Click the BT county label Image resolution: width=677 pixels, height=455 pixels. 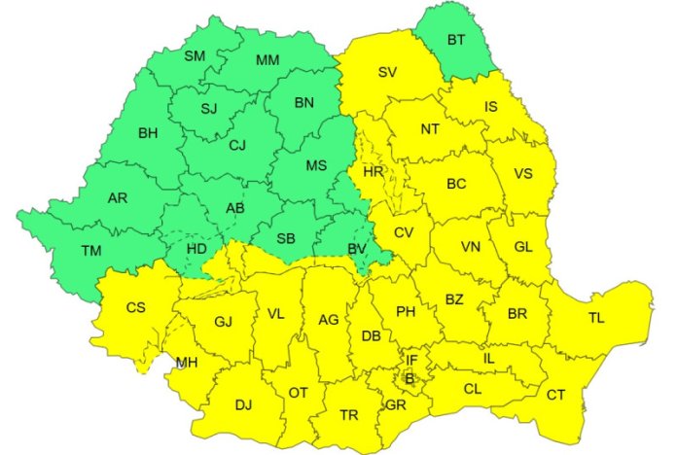[x=457, y=40]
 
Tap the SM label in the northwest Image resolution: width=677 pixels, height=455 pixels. [x=195, y=55]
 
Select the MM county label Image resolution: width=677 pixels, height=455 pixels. [x=267, y=60]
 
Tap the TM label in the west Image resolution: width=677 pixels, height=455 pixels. [x=91, y=251]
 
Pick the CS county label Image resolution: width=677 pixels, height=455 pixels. [x=136, y=307]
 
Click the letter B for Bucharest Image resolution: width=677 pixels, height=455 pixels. [x=410, y=378]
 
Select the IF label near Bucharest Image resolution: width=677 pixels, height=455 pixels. [x=411, y=361]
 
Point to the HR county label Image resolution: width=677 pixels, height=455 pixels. [x=373, y=171]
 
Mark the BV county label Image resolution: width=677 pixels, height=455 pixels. [x=357, y=249]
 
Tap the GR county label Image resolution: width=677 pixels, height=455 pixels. [x=395, y=404]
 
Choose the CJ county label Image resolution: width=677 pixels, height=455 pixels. [x=237, y=147]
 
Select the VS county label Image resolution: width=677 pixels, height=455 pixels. [x=523, y=174]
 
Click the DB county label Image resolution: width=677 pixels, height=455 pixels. [x=371, y=336]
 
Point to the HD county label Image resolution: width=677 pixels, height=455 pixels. [x=196, y=249]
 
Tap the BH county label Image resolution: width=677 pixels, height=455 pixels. [x=148, y=132]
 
